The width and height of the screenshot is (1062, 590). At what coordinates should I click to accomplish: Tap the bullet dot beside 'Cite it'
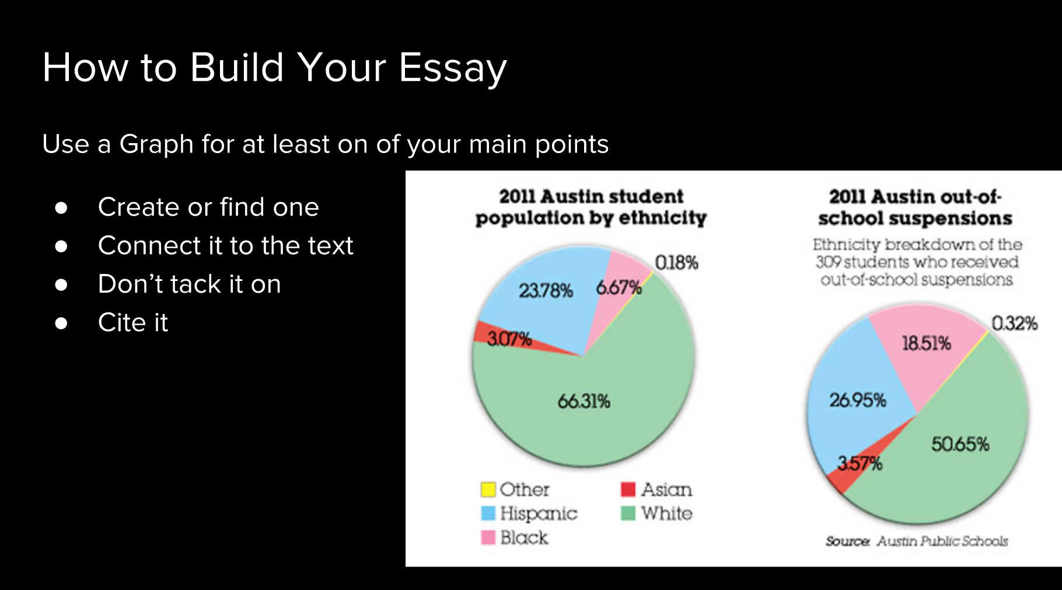(61, 323)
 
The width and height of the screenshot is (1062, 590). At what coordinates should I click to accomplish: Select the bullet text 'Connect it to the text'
(226, 245)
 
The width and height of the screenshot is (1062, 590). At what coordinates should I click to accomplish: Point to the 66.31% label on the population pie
(584, 401)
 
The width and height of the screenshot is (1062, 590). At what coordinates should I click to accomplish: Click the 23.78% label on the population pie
(546, 290)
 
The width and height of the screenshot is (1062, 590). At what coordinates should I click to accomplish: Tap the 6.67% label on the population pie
(619, 287)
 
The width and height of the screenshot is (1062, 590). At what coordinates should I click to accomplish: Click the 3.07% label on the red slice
(509, 339)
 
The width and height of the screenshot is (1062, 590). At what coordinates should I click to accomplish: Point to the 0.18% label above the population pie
(676, 263)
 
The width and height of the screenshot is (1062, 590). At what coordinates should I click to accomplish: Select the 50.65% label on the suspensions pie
(960, 445)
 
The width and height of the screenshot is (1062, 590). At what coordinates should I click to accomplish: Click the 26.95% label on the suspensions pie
(858, 400)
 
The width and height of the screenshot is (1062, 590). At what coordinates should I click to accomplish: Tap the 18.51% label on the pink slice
(927, 343)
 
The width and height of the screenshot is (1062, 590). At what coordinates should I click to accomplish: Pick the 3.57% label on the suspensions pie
(860, 464)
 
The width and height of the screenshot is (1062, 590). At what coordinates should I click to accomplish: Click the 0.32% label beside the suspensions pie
(1015, 323)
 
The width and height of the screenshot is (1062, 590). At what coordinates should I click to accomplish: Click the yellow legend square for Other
(488, 489)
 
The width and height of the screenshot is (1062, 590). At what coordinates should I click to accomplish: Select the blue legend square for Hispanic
(488, 513)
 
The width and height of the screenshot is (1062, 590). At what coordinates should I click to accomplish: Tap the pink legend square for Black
(488, 537)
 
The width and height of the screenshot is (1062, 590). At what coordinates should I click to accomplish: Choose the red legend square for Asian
(628, 489)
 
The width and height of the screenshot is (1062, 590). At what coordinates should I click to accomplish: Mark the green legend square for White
(628, 513)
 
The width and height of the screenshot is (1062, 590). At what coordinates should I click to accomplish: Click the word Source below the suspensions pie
(847, 542)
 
